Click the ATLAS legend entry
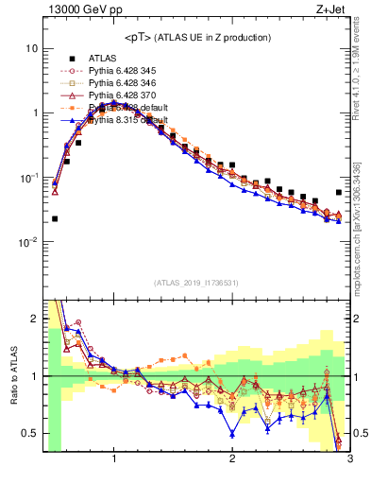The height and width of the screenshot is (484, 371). click(x=104, y=58)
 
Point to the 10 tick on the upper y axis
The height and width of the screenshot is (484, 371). click(x=32, y=48)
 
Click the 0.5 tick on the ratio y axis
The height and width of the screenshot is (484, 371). click(x=29, y=433)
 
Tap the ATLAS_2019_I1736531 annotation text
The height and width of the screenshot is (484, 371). click(x=196, y=283)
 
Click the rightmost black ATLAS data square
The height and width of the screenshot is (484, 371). click(x=339, y=192)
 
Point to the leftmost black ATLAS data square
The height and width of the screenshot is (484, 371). click(x=55, y=218)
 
